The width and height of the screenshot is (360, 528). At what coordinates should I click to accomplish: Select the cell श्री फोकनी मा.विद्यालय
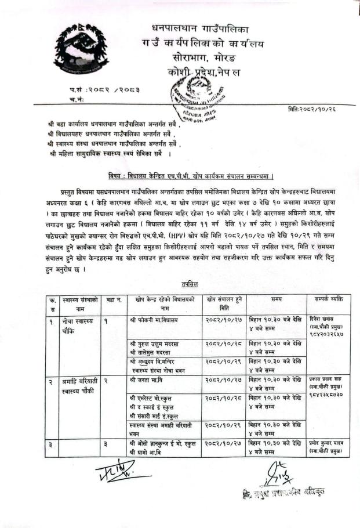pyautogui.click(x=154, y=320)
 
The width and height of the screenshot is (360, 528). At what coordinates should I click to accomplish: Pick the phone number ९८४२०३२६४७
pyautogui.click(x=326, y=334)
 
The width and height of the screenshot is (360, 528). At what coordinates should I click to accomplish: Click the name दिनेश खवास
pyautogui.click(x=322, y=319)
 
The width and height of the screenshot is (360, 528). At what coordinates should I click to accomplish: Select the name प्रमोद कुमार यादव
pyautogui.click(x=326, y=444)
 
